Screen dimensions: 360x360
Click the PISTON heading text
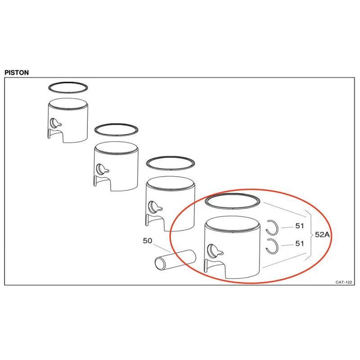point(17,72)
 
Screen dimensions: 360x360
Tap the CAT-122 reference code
point(343,282)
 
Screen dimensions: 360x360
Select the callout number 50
point(148,241)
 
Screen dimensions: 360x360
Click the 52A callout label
point(322,234)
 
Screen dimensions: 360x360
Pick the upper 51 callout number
point(300,226)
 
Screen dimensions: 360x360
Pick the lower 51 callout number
point(300,243)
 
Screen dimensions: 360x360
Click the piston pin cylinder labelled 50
point(175,260)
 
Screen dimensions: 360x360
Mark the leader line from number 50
point(162,248)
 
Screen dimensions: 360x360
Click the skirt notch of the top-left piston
point(56,136)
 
